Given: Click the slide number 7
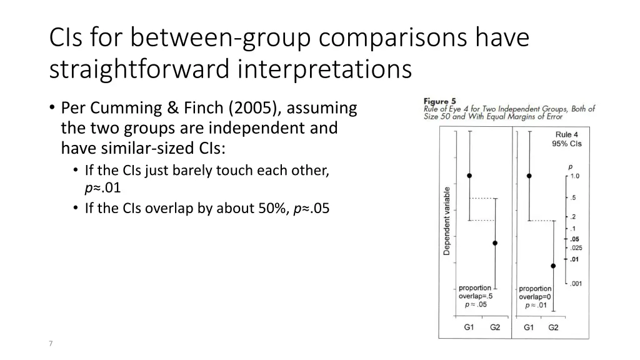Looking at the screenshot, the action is point(51,343).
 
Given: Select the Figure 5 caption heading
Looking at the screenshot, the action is point(439,101).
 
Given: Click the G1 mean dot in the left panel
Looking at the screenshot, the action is point(469,176).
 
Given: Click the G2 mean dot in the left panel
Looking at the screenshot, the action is point(495,243).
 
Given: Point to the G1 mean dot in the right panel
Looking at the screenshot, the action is point(529,176).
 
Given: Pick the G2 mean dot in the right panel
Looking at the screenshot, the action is point(554,266).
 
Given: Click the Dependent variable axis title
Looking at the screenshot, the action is point(446,221).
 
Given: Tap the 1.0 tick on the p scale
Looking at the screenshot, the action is point(575,176).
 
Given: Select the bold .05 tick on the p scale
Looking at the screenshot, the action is point(574,239).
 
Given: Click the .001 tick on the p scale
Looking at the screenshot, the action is point(576,284).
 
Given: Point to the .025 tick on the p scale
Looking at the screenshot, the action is point(576,247).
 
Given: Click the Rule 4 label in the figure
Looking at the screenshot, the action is point(566,135).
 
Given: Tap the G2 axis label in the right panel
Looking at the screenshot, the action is point(554,327).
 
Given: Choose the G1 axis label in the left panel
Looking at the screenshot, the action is point(469,327).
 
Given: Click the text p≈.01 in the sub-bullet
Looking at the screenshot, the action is point(103,188).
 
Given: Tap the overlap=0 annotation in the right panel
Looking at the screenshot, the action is point(535,297).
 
